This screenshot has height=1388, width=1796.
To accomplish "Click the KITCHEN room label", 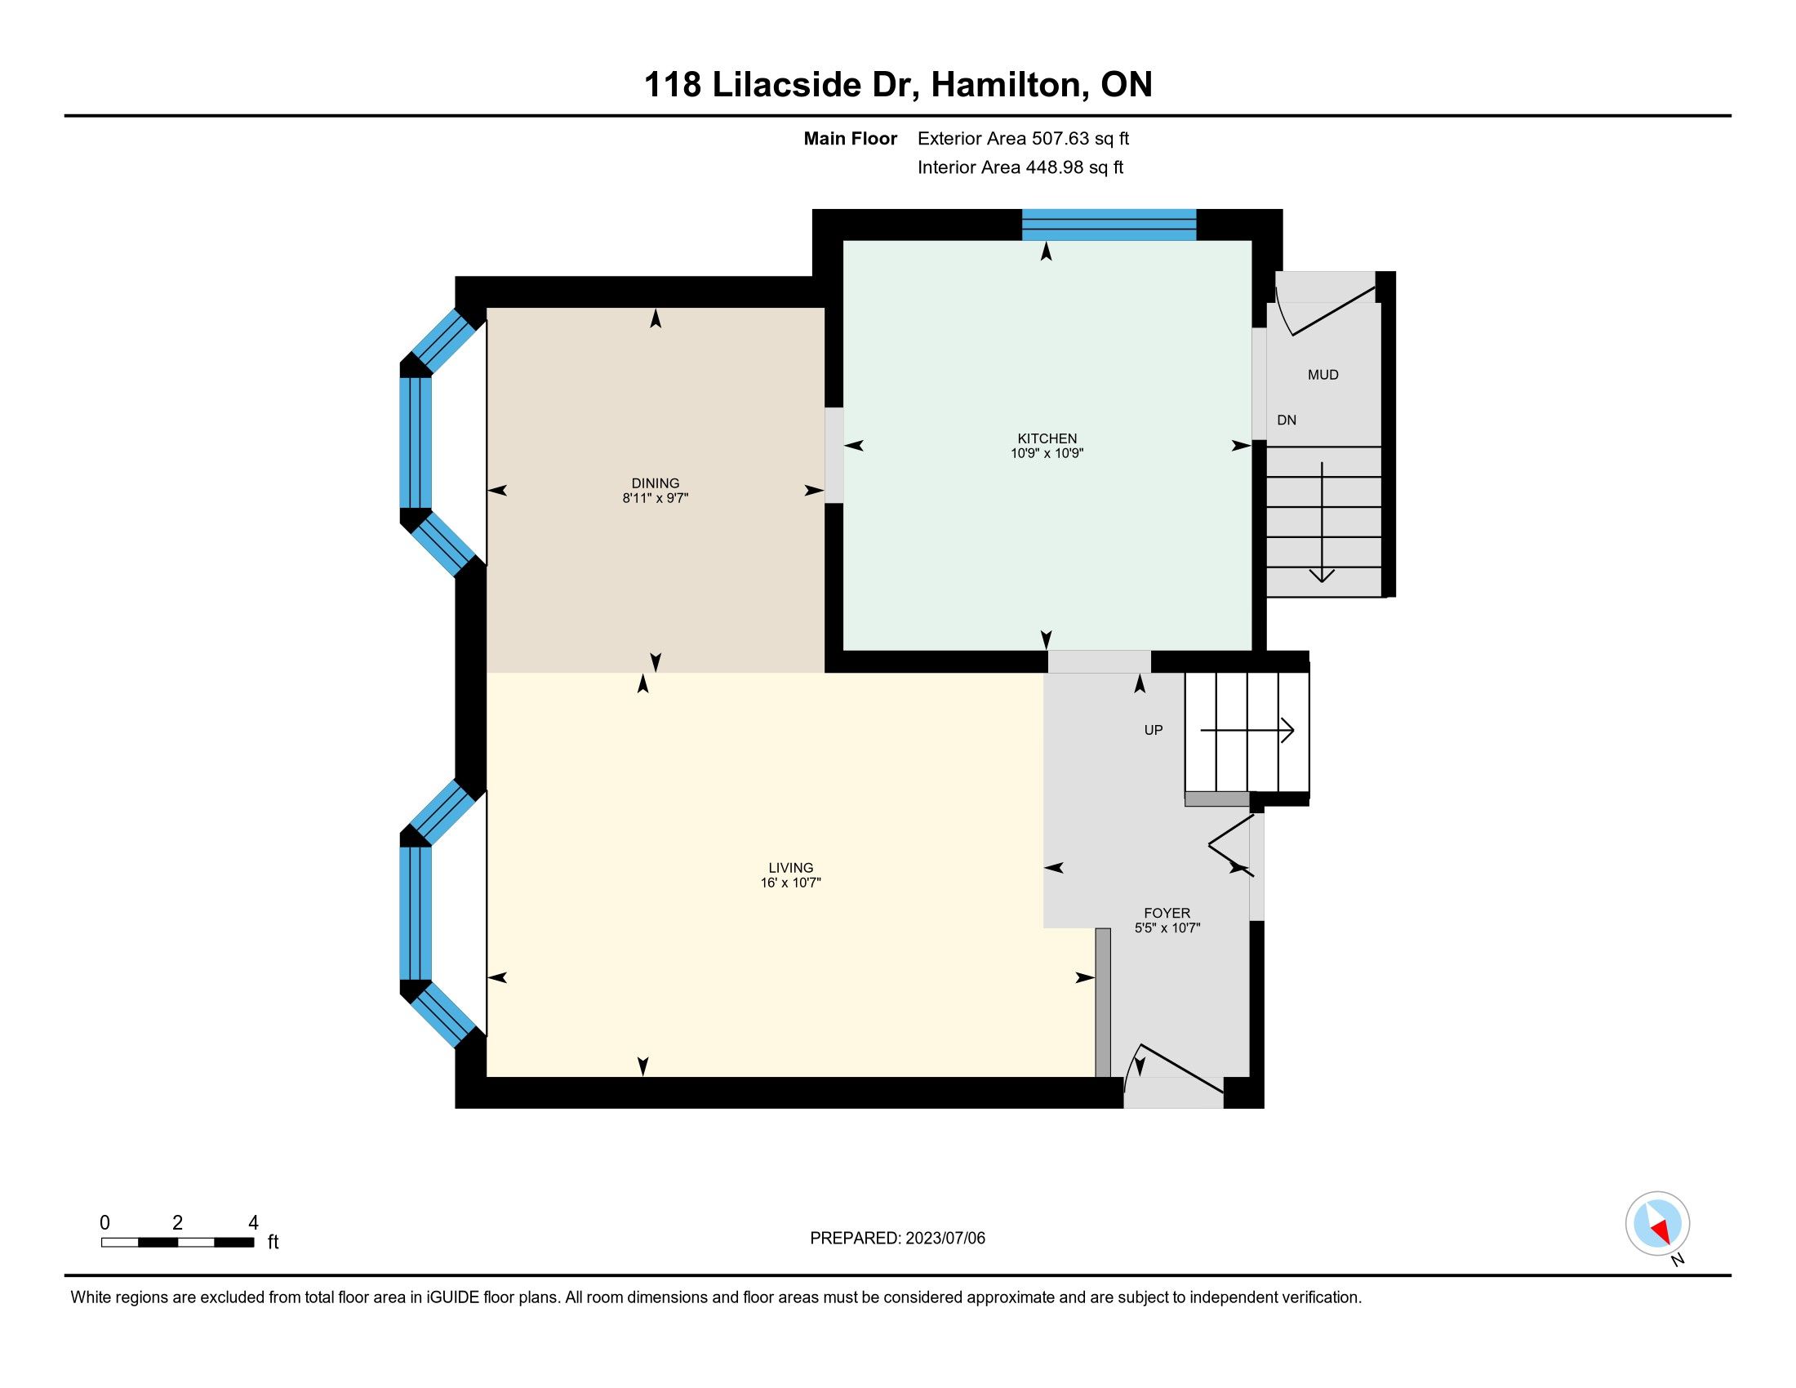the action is coord(1047,438).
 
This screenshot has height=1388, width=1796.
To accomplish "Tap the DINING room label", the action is coord(656,483).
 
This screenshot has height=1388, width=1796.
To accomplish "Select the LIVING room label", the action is coord(791,867).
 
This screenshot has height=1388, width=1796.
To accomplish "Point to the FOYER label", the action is coord(1167,913).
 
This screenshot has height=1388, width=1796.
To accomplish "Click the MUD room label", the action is coord(1323,375).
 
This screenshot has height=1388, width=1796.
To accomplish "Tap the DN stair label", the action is coord(1287,420).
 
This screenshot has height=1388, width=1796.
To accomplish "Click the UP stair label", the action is coord(1154,730).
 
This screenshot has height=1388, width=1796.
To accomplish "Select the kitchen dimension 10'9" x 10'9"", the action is coord(1047,453).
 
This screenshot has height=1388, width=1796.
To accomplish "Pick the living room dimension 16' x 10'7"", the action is coord(791,883).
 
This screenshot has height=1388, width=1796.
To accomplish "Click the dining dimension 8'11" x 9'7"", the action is coord(656,498).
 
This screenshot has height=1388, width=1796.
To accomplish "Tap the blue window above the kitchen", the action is coord(1109,225).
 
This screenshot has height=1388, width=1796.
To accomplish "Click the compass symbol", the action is coord(1658,1223).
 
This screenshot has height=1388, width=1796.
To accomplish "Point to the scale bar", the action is coord(178,1242).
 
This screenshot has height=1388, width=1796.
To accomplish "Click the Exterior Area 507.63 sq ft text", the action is coord(1023,139).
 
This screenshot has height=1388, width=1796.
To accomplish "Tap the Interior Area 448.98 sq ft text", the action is coord(1020,167).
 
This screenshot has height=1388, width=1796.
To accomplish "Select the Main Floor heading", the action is coord(851,139).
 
